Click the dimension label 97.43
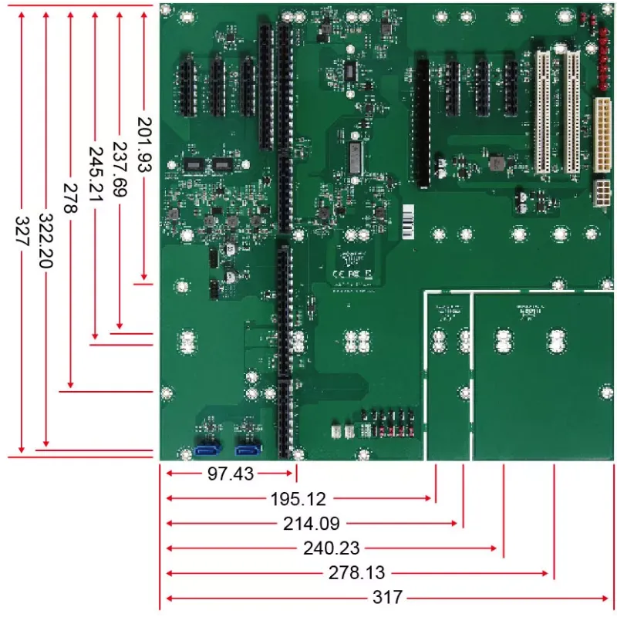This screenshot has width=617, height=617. [x=230, y=474]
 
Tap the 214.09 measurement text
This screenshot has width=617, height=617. [x=311, y=524]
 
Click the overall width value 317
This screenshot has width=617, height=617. [x=389, y=598]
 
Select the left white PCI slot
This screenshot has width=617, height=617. [x=543, y=112]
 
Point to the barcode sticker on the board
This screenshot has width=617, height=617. [x=406, y=224]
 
